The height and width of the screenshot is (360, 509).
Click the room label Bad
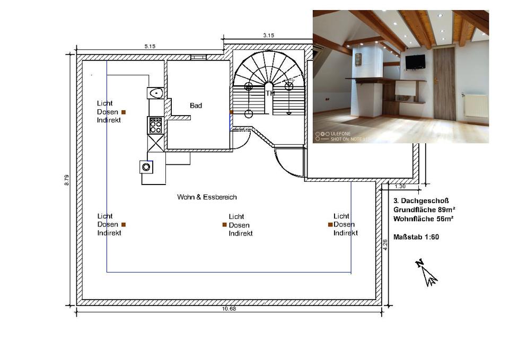(196, 106)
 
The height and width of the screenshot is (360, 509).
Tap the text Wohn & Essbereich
(207, 197)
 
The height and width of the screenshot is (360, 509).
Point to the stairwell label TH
(270, 93)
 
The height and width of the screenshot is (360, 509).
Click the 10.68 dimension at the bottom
(229, 309)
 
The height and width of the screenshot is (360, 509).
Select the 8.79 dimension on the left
(67, 180)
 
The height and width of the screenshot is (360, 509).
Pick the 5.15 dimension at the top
(150, 47)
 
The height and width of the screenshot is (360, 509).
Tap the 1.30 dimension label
(400, 186)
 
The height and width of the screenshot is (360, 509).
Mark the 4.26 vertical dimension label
(385, 244)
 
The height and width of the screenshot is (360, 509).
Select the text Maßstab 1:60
(416, 237)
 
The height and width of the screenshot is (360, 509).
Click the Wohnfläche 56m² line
(423, 218)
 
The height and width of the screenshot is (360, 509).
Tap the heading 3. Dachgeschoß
(421, 201)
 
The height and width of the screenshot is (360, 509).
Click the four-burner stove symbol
(155, 126)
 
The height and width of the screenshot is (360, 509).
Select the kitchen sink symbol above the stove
(155, 93)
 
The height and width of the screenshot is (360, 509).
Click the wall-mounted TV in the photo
(415, 62)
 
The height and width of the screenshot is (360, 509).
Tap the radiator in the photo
(476, 106)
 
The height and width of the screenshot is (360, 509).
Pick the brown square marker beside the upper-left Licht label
(124, 112)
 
